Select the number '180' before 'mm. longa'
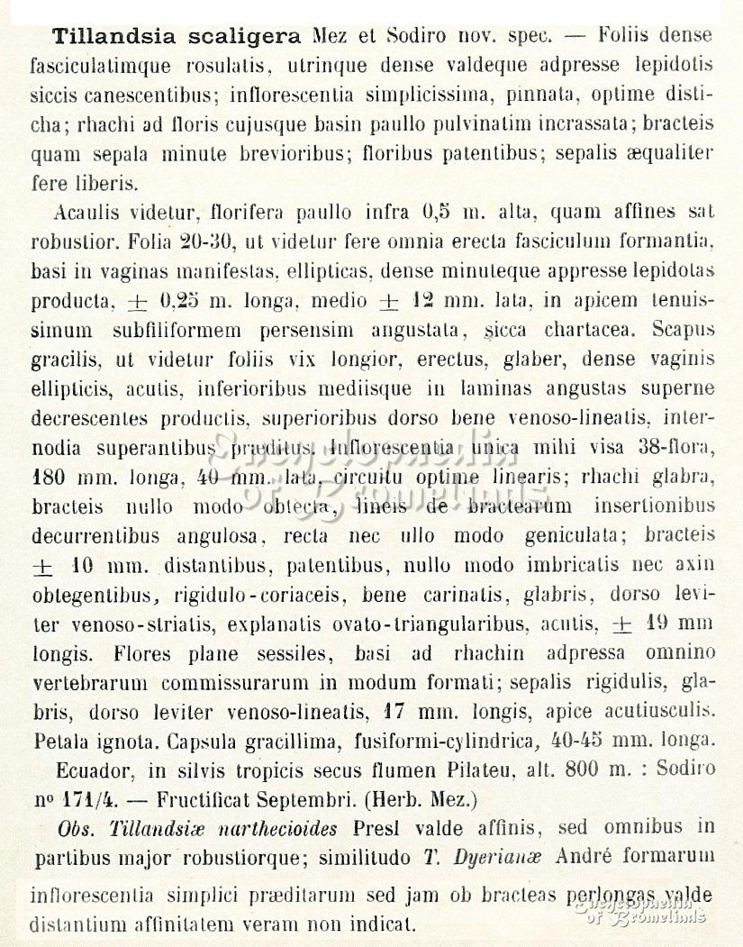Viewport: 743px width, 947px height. pyautogui.click(x=47, y=478)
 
